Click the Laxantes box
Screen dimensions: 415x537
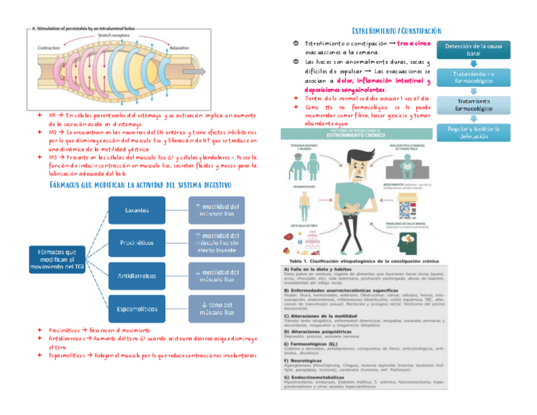pyautogui.click(x=137, y=210)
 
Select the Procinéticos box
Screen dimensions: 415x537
pyautogui.click(x=137, y=243)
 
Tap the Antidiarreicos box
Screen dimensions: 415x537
pyautogui.click(x=137, y=276)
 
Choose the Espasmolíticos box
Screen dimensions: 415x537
pyautogui.click(x=137, y=309)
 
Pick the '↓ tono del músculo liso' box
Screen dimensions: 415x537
pyautogui.click(x=216, y=309)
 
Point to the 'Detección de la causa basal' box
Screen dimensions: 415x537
pyautogui.click(x=474, y=50)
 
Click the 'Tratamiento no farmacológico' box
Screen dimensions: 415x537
pyautogui.click(x=474, y=77)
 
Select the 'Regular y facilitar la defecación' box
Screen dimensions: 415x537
pyautogui.click(x=474, y=132)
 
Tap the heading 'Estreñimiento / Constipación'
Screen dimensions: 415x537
pyautogui.click(x=396, y=31)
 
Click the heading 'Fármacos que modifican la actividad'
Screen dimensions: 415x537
pyautogui.click(x=140, y=184)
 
